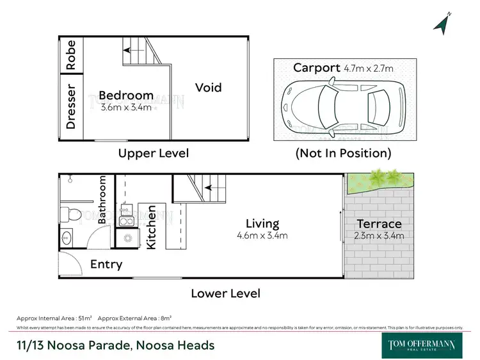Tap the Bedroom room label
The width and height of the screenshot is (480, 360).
[x=125, y=95]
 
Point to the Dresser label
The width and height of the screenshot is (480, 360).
[x=70, y=107]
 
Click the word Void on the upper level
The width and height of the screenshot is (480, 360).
[x=209, y=87]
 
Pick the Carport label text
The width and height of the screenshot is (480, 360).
[x=316, y=68]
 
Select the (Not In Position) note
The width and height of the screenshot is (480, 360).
[x=342, y=153]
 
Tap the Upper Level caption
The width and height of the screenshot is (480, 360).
[x=154, y=153]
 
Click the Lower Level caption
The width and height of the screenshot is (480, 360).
[x=225, y=293]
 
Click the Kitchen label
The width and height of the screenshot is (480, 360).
[x=152, y=227]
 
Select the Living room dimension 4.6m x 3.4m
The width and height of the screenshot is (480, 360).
[x=262, y=235]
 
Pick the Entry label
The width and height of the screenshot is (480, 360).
[x=106, y=264]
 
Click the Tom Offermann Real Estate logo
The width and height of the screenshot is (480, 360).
[x=422, y=345]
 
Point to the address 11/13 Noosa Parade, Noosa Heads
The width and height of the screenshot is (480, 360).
[x=116, y=345]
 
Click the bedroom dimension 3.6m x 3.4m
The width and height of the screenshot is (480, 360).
[x=125, y=107]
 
